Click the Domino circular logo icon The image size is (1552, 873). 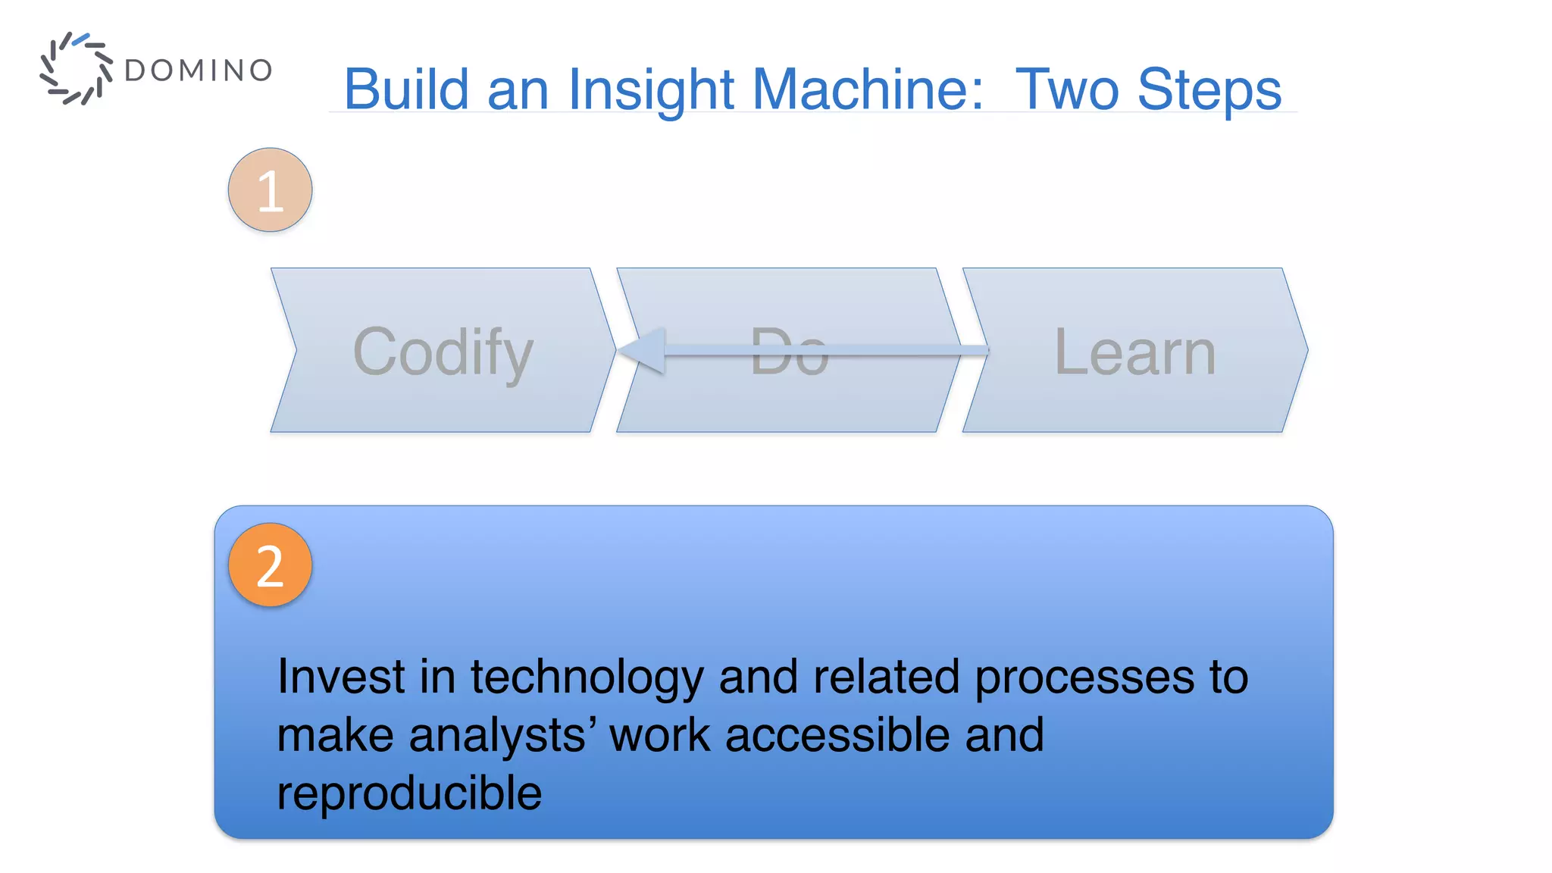(76, 68)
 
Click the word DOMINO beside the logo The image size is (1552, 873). (198, 70)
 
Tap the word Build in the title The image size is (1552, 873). (406, 89)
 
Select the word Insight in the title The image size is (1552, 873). (651, 89)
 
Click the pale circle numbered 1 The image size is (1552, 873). (270, 189)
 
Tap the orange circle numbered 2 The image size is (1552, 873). (270, 565)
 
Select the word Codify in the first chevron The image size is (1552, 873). (443, 352)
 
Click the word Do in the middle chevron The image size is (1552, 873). (789, 352)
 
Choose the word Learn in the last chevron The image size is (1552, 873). (1135, 352)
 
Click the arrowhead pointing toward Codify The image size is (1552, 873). (644, 350)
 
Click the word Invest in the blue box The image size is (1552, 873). (341, 676)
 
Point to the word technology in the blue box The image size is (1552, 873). (587, 677)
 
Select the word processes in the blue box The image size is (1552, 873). (1084, 677)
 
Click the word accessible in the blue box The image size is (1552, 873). (837, 734)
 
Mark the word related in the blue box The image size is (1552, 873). (886, 676)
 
